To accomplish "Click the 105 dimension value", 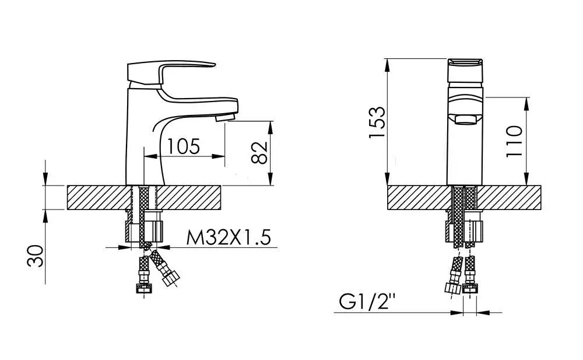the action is pos(183,146).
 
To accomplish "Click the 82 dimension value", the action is pos(259,152).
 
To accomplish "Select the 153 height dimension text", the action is pos(377,122).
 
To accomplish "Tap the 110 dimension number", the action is pos(514,141).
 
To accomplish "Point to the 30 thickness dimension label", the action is pos(36,256).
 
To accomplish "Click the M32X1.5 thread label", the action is pos(229,237).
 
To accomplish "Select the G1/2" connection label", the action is pos(366,302).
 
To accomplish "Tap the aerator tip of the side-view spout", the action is pos(225,118).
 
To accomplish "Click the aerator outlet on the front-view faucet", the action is pos(465,120).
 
